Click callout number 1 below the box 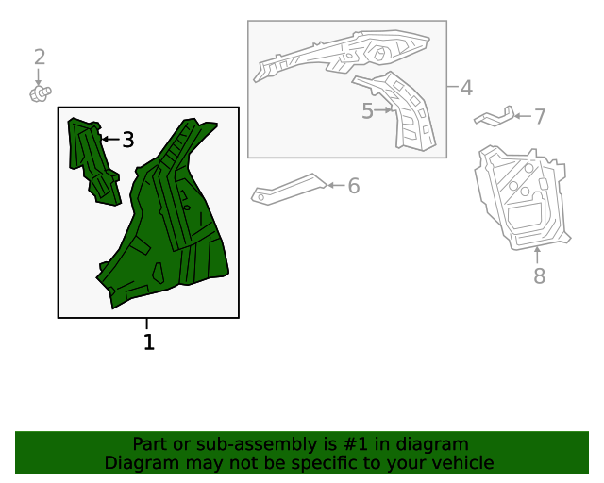tap(149, 342)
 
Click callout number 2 tap(40, 57)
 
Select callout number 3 tap(128, 140)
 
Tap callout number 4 tap(466, 88)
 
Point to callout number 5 tap(367, 111)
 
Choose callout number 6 tap(354, 186)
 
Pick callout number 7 tap(540, 116)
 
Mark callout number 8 tap(539, 275)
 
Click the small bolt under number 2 tap(41, 93)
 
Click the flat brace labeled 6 tap(289, 189)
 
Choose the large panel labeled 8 tap(522, 198)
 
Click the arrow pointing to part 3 tap(110, 139)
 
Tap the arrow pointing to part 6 tap(336, 185)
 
